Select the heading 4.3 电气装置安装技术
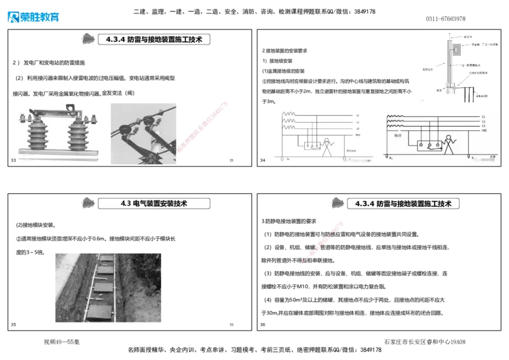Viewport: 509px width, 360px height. tap(155, 204)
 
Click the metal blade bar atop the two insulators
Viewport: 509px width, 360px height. tap(56, 114)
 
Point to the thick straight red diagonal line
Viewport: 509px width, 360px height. tap(202, 127)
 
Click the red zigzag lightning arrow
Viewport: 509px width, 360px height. tap(323, 242)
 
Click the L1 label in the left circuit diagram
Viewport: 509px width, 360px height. tap(358, 116)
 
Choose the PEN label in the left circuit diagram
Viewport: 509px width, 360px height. tap(358, 135)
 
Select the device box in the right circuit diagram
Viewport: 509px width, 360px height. tap(429, 146)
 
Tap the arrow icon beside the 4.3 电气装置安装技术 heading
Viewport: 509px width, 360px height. tap(85, 202)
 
